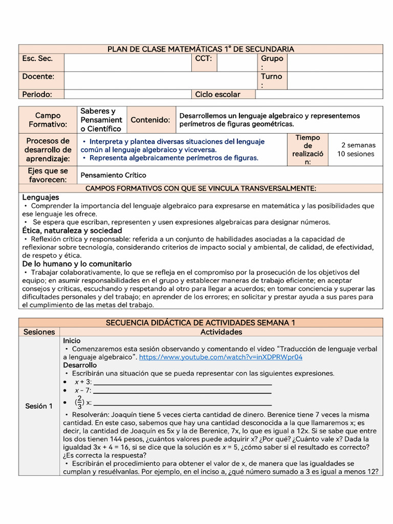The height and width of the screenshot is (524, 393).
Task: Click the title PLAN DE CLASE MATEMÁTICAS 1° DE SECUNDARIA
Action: click(201, 49)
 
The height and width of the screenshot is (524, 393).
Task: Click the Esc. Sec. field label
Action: click(37, 59)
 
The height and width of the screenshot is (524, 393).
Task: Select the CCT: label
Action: click(203, 59)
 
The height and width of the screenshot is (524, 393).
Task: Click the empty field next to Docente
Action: click(160, 80)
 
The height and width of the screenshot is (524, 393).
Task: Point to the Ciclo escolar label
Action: click(217, 94)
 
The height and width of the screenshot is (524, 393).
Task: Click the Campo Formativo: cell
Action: click(48, 120)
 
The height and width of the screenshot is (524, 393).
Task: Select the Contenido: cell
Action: click(150, 120)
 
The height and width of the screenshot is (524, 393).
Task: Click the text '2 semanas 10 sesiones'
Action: click(356, 149)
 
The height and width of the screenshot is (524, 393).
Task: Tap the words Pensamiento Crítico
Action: click(113, 175)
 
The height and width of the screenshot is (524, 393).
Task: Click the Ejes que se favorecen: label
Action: click(48, 175)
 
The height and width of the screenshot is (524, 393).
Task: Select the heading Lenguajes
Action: click(40, 197)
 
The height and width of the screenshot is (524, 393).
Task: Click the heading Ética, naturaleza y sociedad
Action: click(72, 230)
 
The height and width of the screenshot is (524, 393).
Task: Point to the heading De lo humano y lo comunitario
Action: click(77, 264)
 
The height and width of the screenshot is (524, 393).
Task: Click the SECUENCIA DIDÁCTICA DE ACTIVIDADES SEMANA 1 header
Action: click(201, 323)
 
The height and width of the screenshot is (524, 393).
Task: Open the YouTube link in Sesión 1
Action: click(221, 357)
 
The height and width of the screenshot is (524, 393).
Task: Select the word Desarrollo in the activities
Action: click(80, 365)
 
